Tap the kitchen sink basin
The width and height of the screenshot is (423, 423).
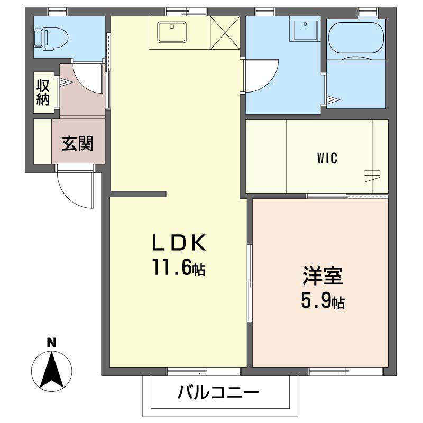(172, 32)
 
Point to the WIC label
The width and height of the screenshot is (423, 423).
(327, 158)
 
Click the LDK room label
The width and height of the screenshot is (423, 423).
(179, 243)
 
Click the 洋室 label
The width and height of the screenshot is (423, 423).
(323, 275)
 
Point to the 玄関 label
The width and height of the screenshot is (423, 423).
(78, 143)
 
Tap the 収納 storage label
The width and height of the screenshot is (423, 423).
(43, 92)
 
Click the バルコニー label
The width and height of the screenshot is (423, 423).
(218, 392)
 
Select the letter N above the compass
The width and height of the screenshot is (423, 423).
(51, 343)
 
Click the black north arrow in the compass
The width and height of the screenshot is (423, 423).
(51, 369)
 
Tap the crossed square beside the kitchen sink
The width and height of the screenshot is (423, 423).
(225, 33)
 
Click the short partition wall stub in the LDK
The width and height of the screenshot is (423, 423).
(138, 194)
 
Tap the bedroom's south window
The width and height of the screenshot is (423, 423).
(346, 372)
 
